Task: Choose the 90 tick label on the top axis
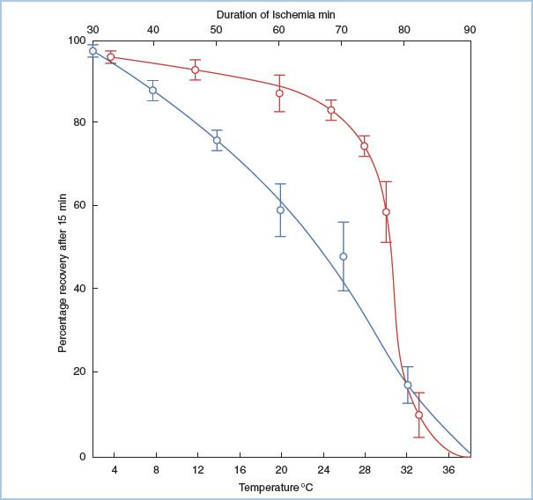(470, 30)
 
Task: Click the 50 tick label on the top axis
(215, 30)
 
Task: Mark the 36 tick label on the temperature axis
(448, 470)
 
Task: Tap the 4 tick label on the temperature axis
(114, 470)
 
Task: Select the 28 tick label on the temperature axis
(365, 470)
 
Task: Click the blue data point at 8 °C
(152, 91)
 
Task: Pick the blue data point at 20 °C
(280, 210)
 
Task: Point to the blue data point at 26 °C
(343, 256)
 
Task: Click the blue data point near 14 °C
(217, 140)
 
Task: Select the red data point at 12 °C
(195, 70)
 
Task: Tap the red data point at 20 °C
(279, 93)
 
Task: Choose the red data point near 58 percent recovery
(386, 212)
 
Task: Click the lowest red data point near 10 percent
(418, 415)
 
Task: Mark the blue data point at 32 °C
(407, 385)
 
